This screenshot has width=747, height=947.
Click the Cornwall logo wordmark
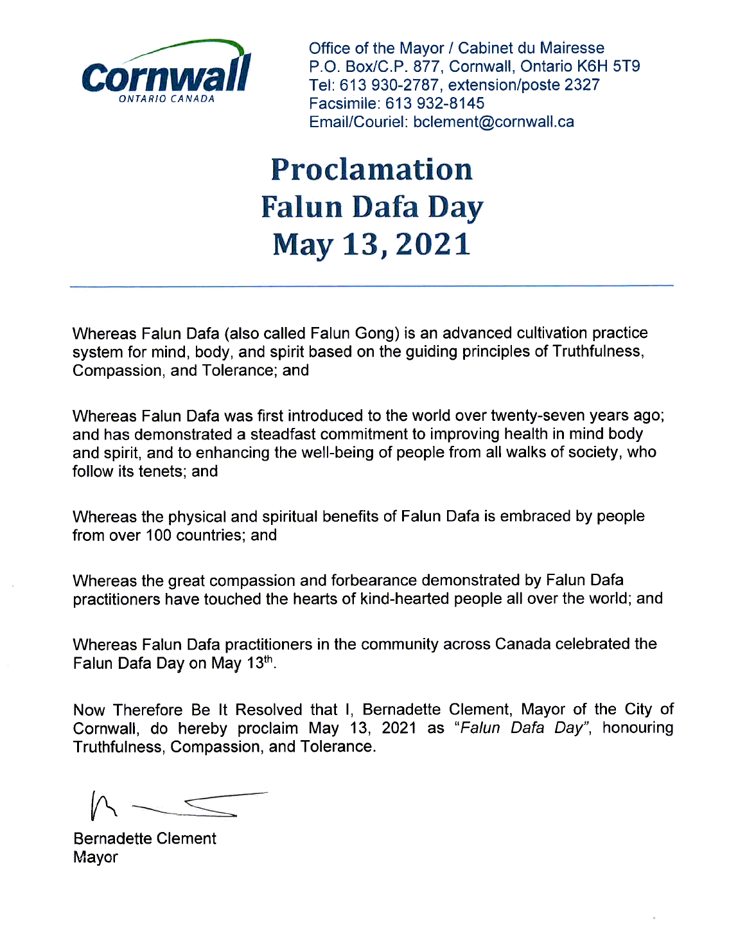166,75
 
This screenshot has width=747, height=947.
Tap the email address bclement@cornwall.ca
493,122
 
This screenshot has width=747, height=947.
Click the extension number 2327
582,85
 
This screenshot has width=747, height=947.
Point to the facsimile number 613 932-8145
435,103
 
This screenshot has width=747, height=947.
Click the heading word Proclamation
371,170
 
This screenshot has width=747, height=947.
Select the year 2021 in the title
433,245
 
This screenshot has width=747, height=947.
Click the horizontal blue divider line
371,285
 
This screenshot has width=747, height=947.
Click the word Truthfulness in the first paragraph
597,351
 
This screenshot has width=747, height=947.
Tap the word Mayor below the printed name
95,858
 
